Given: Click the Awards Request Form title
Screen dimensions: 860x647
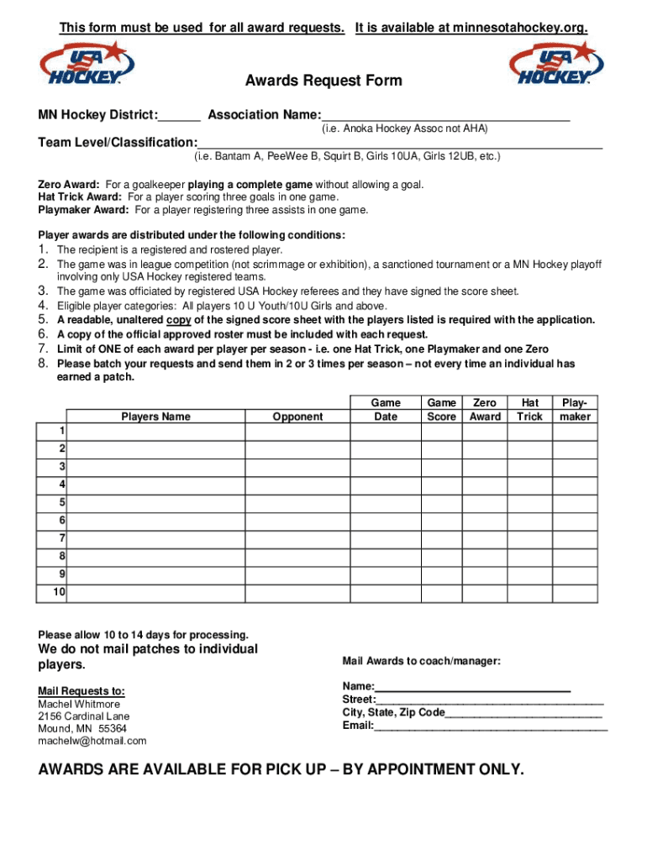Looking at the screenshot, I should coord(323,81).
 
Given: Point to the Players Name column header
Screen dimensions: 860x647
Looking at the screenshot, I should coord(155,417).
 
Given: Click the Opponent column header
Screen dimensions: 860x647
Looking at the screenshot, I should coord(297,417).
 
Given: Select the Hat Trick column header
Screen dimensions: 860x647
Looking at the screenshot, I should coord(529,410).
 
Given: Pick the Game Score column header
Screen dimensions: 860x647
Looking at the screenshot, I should coord(442,410).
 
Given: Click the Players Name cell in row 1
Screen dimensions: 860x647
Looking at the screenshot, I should coord(156,432).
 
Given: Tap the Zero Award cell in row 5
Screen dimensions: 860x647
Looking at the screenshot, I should coord(485,503).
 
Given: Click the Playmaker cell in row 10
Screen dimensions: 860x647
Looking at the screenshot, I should coord(575,593).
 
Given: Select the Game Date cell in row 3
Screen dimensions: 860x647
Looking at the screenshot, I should coord(386,467).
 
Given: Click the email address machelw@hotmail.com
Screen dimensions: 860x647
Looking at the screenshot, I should coord(92,741).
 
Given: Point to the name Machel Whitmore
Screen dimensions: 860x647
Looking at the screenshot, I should coord(79,704).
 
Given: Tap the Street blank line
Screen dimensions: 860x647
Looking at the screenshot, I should coord(490,700).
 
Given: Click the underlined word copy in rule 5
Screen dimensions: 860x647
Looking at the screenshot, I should coord(177,320).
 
